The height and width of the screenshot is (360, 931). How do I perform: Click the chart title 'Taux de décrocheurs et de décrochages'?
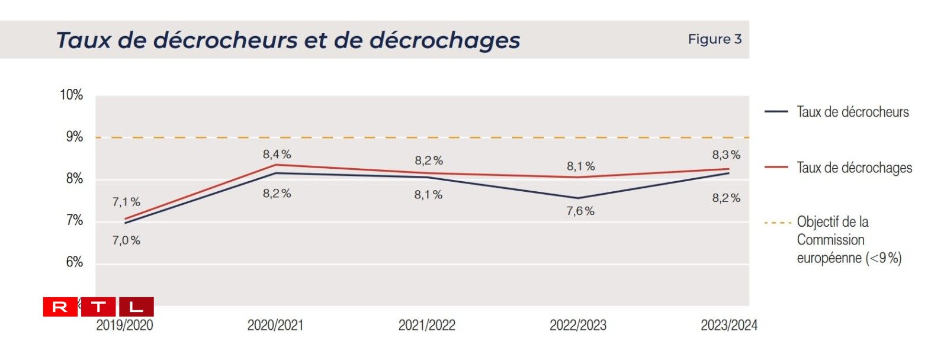coord(288,40)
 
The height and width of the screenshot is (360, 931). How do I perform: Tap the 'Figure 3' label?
coord(714,39)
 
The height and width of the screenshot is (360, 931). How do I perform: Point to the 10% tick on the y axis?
coord(71,95)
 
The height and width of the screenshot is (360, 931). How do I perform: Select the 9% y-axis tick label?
coord(74,137)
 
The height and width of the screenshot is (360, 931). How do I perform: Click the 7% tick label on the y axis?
coord(74,221)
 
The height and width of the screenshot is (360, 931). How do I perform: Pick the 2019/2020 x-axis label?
coord(124,325)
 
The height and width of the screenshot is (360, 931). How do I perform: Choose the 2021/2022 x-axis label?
coord(426,325)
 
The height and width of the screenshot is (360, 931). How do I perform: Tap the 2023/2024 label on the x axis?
coord(728,325)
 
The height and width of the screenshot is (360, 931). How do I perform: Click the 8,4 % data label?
coord(277,155)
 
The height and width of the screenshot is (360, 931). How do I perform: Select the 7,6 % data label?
coord(580,211)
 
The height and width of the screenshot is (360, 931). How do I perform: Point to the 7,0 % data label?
coord(126,240)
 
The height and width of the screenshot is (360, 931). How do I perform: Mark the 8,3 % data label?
coord(726,155)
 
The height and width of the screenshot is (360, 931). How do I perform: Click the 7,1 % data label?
coord(126,202)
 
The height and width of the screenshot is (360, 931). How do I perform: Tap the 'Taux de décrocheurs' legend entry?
coord(852,112)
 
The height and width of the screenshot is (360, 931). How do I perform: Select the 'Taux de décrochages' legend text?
coord(854,168)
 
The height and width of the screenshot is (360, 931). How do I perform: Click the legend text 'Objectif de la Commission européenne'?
coord(848,240)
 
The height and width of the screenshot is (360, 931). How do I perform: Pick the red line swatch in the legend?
coord(776,168)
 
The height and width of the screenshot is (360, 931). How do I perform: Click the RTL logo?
coord(98,307)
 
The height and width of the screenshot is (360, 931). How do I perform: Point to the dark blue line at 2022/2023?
coord(578,198)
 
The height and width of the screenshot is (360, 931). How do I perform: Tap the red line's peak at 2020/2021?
coord(276,165)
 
